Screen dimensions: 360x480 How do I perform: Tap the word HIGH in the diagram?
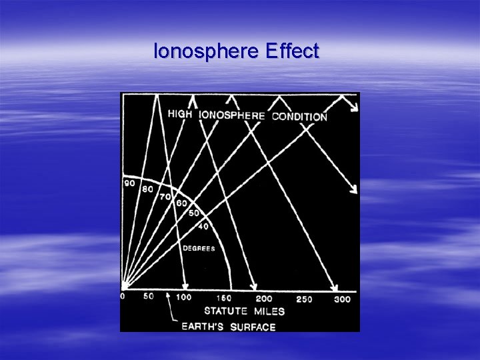pyautogui.click(x=180, y=114)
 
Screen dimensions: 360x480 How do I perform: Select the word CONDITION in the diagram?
pyautogui.click(x=299, y=117)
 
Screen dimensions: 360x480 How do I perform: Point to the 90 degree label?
pyautogui.click(x=129, y=182)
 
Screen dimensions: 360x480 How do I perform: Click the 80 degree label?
pyautogui.click(x=147, y=189)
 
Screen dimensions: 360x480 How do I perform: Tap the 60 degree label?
pyautogui.click(x=180, y=203)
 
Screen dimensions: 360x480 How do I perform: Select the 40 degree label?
pyautogui.click(x=202, y=227)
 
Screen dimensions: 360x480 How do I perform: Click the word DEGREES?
pyautogui.click(x=199, y=249)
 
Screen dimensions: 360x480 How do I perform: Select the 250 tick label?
pyautogui.click(x=303, y=299)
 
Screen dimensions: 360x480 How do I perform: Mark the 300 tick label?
pyautogui.click(x=341, y=299)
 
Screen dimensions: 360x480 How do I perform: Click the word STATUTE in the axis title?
pyautogui.click(x=226, y=311)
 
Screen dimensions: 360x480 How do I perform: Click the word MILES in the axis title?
pyautogui.click(x=269, y=311)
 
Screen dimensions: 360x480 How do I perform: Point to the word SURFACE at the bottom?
pyautogui.click(x=253, y=327)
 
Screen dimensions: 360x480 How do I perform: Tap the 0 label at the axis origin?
pyautogui.click(x=122, y=297)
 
